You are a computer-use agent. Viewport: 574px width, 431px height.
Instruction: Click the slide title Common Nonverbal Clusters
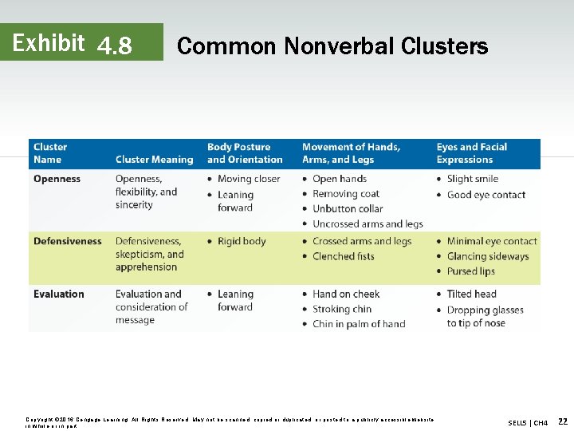tap(332, 46)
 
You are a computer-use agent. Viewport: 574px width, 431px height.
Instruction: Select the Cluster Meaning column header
tap(154, 160)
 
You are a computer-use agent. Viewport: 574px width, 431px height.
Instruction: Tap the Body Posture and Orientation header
tap(245, 153)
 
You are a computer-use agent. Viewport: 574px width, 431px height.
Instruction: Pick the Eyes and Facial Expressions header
tap(471, 153)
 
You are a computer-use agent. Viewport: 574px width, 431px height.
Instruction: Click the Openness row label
tap(57, 180)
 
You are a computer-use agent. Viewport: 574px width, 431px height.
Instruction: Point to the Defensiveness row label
tap(68, 241)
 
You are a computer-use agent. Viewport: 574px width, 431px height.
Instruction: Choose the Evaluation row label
tap(58, 295)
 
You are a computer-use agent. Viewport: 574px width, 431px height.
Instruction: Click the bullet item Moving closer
tap(249, 180)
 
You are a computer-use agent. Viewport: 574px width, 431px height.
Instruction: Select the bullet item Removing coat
tap(346, 194)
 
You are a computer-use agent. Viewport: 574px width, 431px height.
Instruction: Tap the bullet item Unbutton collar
tap(348, 209)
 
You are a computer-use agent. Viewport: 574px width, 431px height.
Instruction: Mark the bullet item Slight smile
tap(473, 180)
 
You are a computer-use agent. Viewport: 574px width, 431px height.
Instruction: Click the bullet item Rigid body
tap(242, 241)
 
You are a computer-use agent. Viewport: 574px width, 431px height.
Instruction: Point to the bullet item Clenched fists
tap(344, 256)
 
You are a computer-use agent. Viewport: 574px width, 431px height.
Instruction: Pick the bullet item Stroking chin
tap(342, 310)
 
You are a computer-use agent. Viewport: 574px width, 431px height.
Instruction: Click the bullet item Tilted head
tap(471, 295)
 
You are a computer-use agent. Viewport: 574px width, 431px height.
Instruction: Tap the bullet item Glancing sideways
tap(487, 256)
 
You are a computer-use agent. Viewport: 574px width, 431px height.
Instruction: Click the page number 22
tap(563, 421)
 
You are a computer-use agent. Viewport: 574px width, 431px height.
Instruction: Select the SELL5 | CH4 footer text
tap(528, 422)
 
